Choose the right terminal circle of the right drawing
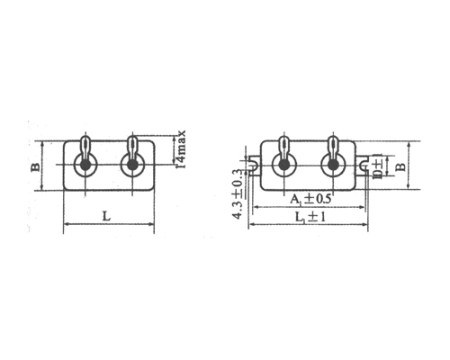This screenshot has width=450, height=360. tap(332, 166)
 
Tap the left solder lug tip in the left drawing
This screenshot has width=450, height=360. tap(85, 140)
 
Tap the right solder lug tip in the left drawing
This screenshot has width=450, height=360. tap(132, 140)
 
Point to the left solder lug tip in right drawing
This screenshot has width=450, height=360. tap(285, 141)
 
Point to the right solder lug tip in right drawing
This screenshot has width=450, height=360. tap(332, 141)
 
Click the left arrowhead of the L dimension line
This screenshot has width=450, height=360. tap(66, 225)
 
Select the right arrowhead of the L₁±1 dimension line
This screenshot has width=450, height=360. tap(366, 225)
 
